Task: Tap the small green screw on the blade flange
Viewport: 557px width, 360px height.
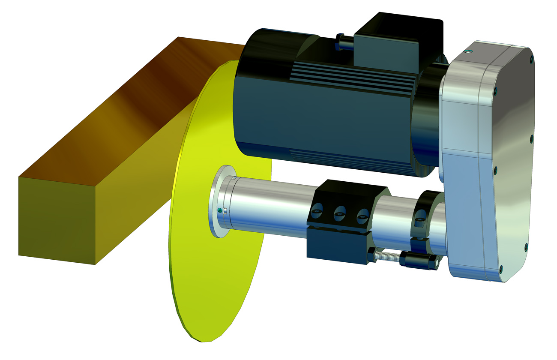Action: tap(220, 210)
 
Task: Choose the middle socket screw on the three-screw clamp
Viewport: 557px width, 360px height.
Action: tap(340, 211)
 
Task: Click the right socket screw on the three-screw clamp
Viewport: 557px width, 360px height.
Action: tap(363, 213)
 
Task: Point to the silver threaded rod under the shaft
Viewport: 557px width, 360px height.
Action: tap(388, 255)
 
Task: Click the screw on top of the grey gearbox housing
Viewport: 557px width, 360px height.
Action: tap(470, 52)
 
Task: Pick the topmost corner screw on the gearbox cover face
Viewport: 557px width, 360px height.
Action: tap(531, 59)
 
